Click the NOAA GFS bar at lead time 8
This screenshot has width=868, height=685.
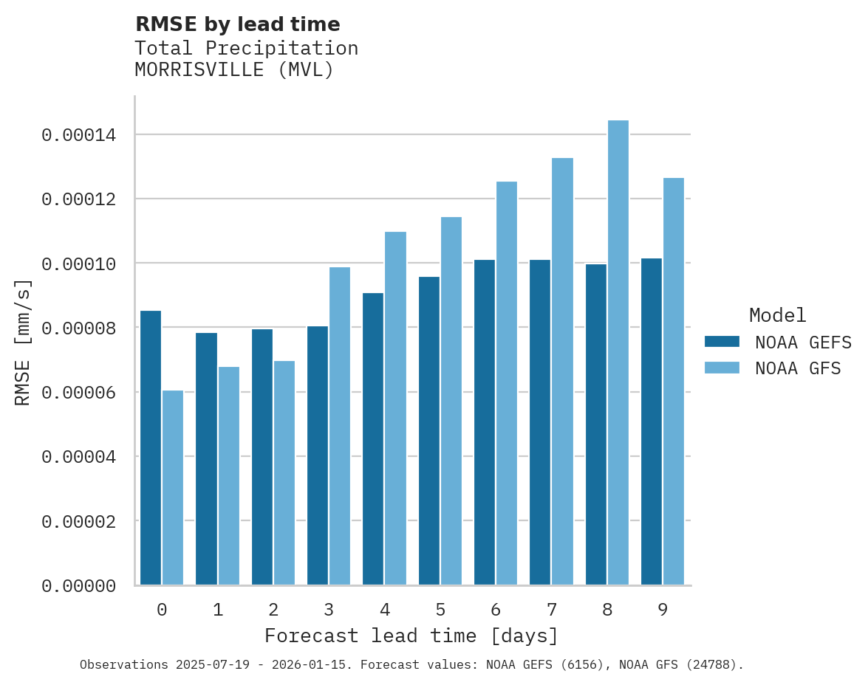(618, 353)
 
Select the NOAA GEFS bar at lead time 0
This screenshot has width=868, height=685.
(151, 448)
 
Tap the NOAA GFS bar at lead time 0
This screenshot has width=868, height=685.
(173, 488)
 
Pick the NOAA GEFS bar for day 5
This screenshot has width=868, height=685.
(429, 431)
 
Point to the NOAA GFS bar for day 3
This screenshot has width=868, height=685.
(340, 426)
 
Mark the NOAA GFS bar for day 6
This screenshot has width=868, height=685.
(507, 383)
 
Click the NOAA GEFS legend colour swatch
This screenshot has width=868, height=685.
(722, 341)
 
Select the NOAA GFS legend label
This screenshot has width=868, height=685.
(798, 368)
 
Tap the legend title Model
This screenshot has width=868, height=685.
(777, 315)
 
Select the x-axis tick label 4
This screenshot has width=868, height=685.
(385, 610)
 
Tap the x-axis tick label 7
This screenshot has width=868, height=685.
(552, 610)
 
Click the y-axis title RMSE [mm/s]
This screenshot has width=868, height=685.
(23, 342)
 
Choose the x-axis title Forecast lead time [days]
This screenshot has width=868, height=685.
(411, 636)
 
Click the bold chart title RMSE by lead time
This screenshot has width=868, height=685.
(238, 24)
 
